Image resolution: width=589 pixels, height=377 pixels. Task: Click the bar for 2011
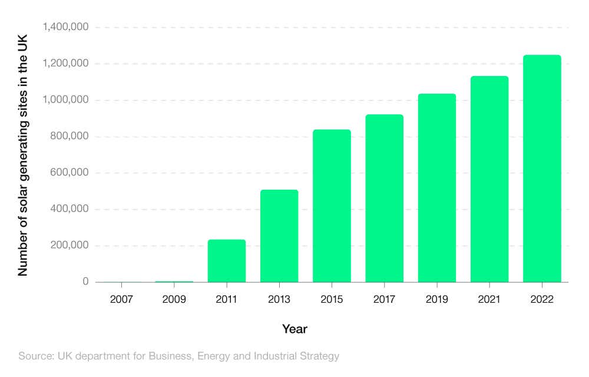click(x=227, y=261)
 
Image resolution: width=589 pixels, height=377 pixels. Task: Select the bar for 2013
click(x=279, y=236)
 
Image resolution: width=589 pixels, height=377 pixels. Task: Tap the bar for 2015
click(x=332, y=206)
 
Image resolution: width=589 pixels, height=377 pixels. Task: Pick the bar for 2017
click(x=384, y=198)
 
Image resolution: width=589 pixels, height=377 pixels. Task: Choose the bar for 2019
click(x=437, y=188)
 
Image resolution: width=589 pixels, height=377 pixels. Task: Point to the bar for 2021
click(x=489, y=179)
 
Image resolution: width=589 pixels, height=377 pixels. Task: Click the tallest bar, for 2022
click(x=542, y=168)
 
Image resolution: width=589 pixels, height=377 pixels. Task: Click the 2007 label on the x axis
click(x=121, y=300)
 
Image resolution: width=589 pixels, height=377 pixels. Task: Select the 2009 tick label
click(x=174, y=300)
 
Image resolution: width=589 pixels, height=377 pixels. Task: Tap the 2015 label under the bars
click(x=332, y=300)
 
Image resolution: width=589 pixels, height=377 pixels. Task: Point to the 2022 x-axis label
click(x=542, y=300)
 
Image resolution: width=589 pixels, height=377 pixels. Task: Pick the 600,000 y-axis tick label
click(x=69, y=173)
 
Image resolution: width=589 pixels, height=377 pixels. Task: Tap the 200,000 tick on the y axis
click(x=69, y=246)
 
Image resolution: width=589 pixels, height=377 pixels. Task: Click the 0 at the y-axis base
click(x=85, y=282)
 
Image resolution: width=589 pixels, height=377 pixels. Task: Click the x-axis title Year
click(x=294, y=329)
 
